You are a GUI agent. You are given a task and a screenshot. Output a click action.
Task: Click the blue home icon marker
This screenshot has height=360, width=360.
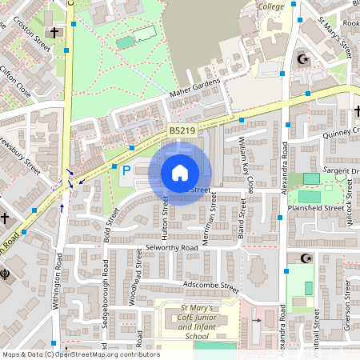point(180,172)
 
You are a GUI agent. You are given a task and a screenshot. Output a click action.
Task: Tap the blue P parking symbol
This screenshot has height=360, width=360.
point(125,169)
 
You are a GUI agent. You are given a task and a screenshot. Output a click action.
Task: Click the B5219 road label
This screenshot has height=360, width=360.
point(181,130)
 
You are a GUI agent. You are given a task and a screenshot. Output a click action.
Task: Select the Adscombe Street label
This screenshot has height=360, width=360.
point(210,286)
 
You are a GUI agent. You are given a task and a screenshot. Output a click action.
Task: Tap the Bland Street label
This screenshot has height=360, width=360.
point(240,219)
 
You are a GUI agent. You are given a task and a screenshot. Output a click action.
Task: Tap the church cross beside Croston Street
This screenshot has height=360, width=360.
point(54,33)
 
